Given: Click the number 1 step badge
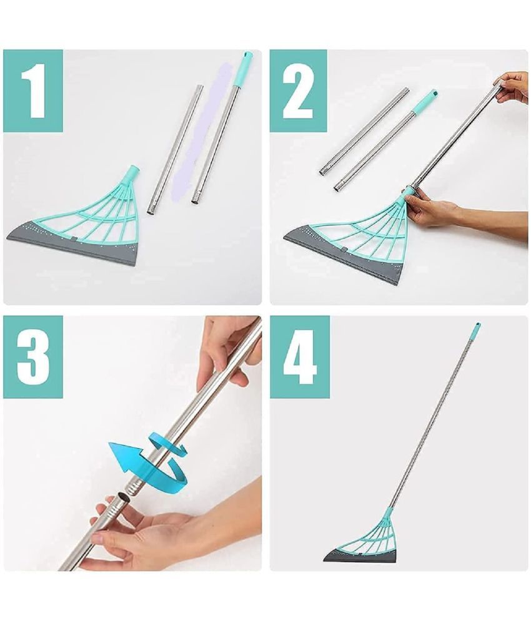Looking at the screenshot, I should [33, 91].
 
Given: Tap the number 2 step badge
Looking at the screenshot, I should [298, 91].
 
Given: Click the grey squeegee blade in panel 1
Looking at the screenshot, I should [72, 243].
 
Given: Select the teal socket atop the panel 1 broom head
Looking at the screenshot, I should [131, 173].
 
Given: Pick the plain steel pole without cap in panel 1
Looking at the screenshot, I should [174, 150].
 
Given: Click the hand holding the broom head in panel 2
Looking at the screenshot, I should [431, 209].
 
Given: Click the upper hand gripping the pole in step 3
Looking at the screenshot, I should [228, 350].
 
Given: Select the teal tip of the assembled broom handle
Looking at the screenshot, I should [477, 326].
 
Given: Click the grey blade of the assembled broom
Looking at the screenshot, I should [362, 556].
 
